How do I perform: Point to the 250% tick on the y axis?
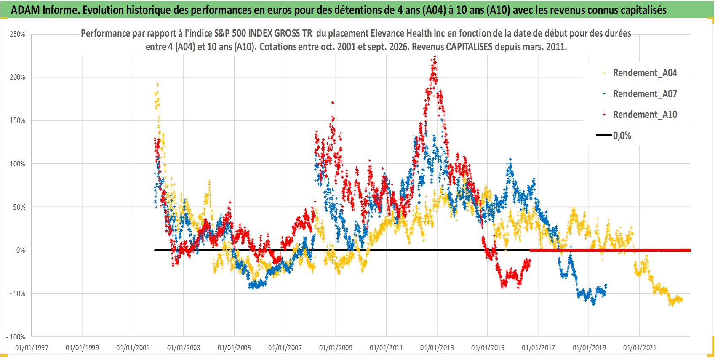[x=17, y=34]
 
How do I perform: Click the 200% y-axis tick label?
[x=17, y=77]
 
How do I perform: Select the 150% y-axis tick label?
[x=17, y=121]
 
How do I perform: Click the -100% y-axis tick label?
[x=15, y=337]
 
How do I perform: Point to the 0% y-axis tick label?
[x=21, y=250]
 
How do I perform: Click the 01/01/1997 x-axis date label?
[x=32, y=348]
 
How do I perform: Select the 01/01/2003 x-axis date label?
[x=184, y=348]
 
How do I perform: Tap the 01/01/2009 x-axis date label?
[x=336, y=348]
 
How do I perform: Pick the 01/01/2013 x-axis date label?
[x=437, y=348]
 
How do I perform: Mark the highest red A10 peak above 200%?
[x=435, y=56]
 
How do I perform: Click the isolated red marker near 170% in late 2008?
[x=333, y=103]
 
